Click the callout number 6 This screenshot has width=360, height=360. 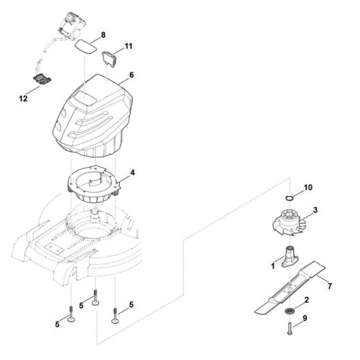point(131,75)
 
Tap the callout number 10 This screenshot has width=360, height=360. point(308,187)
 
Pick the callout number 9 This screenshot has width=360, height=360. point(305,335)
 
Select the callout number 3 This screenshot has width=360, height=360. point(316,210)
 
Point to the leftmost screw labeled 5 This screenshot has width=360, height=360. point(69,318)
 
